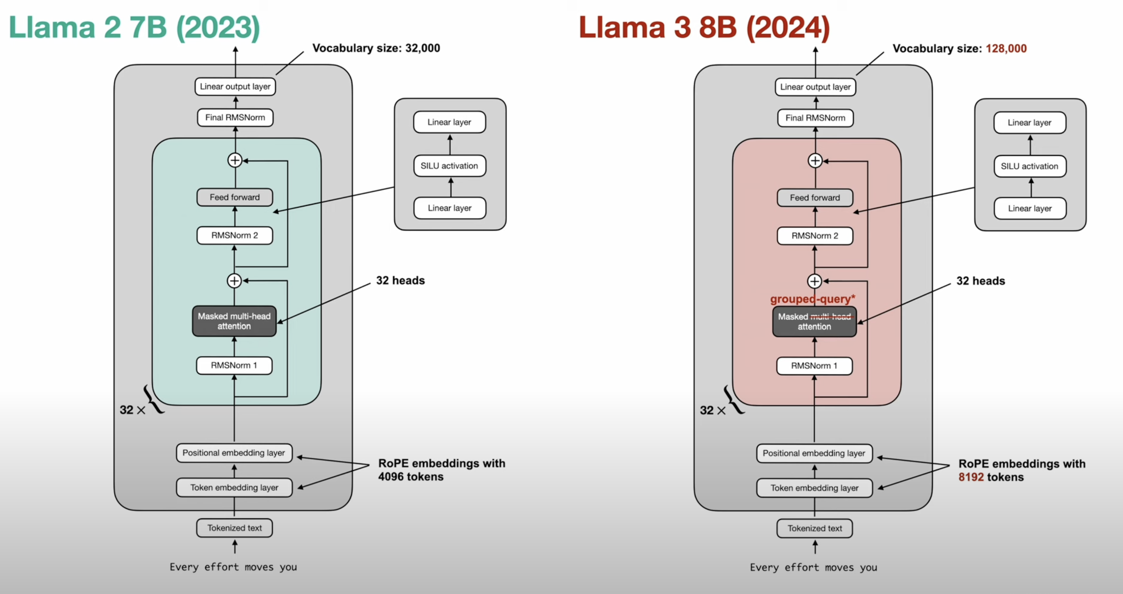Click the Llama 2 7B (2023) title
(x=134, y=28)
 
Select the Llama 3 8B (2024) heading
(x=704, y=28)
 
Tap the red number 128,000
(x=1006, y=48)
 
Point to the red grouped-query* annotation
(x=812, y=299)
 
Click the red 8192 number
(x=971, y=477)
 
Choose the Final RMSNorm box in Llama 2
(x=235, y=118)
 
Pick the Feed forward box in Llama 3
(x=815, y=198)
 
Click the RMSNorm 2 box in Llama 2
(x=235, y=235)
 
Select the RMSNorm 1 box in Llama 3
(x=814, y=365)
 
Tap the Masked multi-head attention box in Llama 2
(x=234, y=321)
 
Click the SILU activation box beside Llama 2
(x=449, y=166)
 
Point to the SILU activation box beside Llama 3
(x=1029, y=166)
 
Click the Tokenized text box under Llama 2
(x=235, y=528)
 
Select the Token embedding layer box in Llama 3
(x=814, y=488)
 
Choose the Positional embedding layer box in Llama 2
(x=234, y=453)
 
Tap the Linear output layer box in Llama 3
(x=815, y=87)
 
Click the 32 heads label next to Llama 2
(x=400, y=280)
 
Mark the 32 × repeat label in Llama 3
(x=712, y=410)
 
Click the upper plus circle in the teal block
(x=235, y=160)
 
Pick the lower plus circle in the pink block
(x=814, y=281)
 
